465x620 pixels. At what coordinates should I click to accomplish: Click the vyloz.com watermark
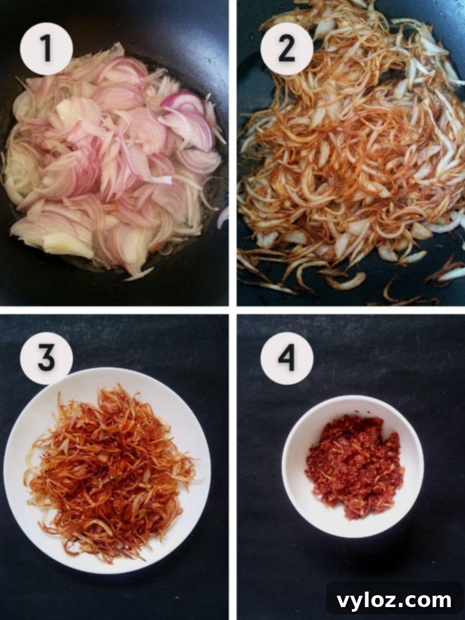tap(394, 600)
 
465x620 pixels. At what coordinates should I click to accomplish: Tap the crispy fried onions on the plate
tap(109, 470)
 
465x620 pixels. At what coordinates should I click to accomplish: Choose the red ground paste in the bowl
tap(354, 465)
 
